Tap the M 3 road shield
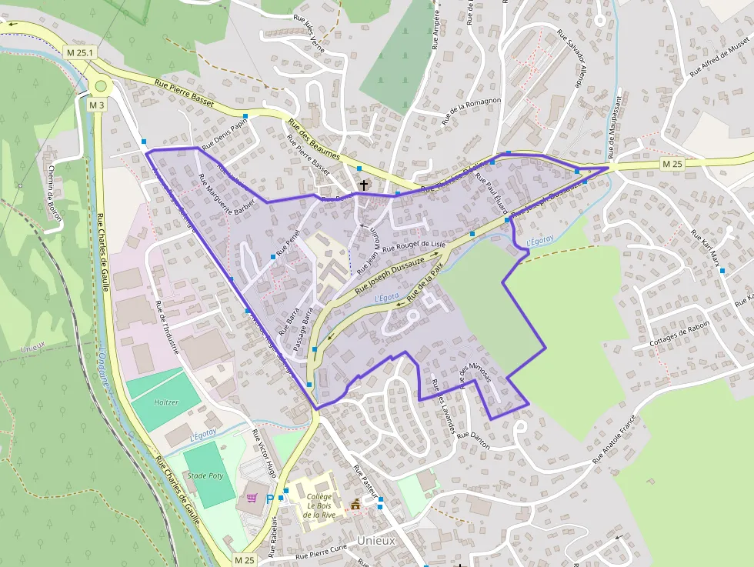(96, 105)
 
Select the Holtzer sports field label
(166, 402)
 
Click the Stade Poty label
(205, 476)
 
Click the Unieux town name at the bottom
(376, 541)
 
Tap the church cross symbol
(364, 185)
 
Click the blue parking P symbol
(269, 499)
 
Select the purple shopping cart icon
(252, 497)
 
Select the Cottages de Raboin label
(678, 333)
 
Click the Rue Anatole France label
(616, 439)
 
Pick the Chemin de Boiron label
(54, 192)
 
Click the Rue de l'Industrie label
(167, 327)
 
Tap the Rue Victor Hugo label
(264, 453)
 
